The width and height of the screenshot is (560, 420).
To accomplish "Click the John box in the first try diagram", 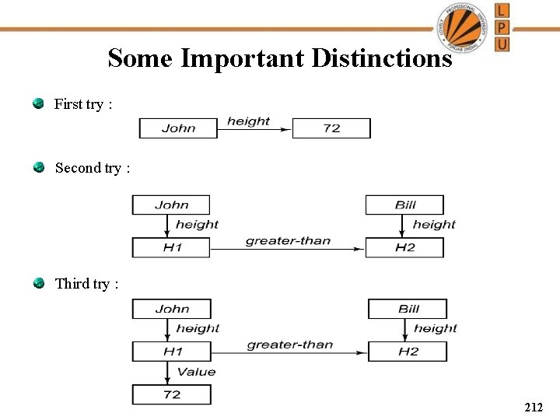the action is tap(178, 128).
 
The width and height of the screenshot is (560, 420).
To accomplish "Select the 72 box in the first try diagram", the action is tap(331, 128).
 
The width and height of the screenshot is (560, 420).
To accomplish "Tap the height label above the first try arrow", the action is tap(248, 121).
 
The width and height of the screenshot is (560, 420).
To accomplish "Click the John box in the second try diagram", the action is tap(171, 205).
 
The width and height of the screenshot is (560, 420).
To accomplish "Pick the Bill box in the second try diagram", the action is tap(404, 205).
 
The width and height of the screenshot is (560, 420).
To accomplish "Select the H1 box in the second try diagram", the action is tap(171, 247).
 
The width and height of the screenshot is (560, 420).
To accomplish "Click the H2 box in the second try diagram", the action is tap(404, 247).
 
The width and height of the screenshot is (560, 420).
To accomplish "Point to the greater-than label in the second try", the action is tap(288, 240).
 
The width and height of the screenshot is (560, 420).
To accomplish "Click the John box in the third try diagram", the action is tap(171, 309).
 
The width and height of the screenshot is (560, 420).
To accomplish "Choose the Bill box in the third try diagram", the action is tap(408, 309).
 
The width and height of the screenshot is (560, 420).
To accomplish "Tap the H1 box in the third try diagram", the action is tap(171, 352).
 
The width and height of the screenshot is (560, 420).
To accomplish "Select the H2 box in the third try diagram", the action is tap(408, 352).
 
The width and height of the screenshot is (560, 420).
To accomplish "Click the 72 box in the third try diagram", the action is tap(171, 394).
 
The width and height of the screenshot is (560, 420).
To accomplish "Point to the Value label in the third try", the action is tap(196, 372).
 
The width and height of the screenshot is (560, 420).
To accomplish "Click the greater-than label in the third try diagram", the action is tap(289, 345).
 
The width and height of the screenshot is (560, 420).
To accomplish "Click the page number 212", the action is tap(534, 407).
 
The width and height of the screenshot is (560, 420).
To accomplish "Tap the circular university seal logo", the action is tap(464, 26).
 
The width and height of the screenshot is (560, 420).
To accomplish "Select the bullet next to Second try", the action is tap(38, 167).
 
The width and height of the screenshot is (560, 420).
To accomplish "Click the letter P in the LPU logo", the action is tap(502, 27).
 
